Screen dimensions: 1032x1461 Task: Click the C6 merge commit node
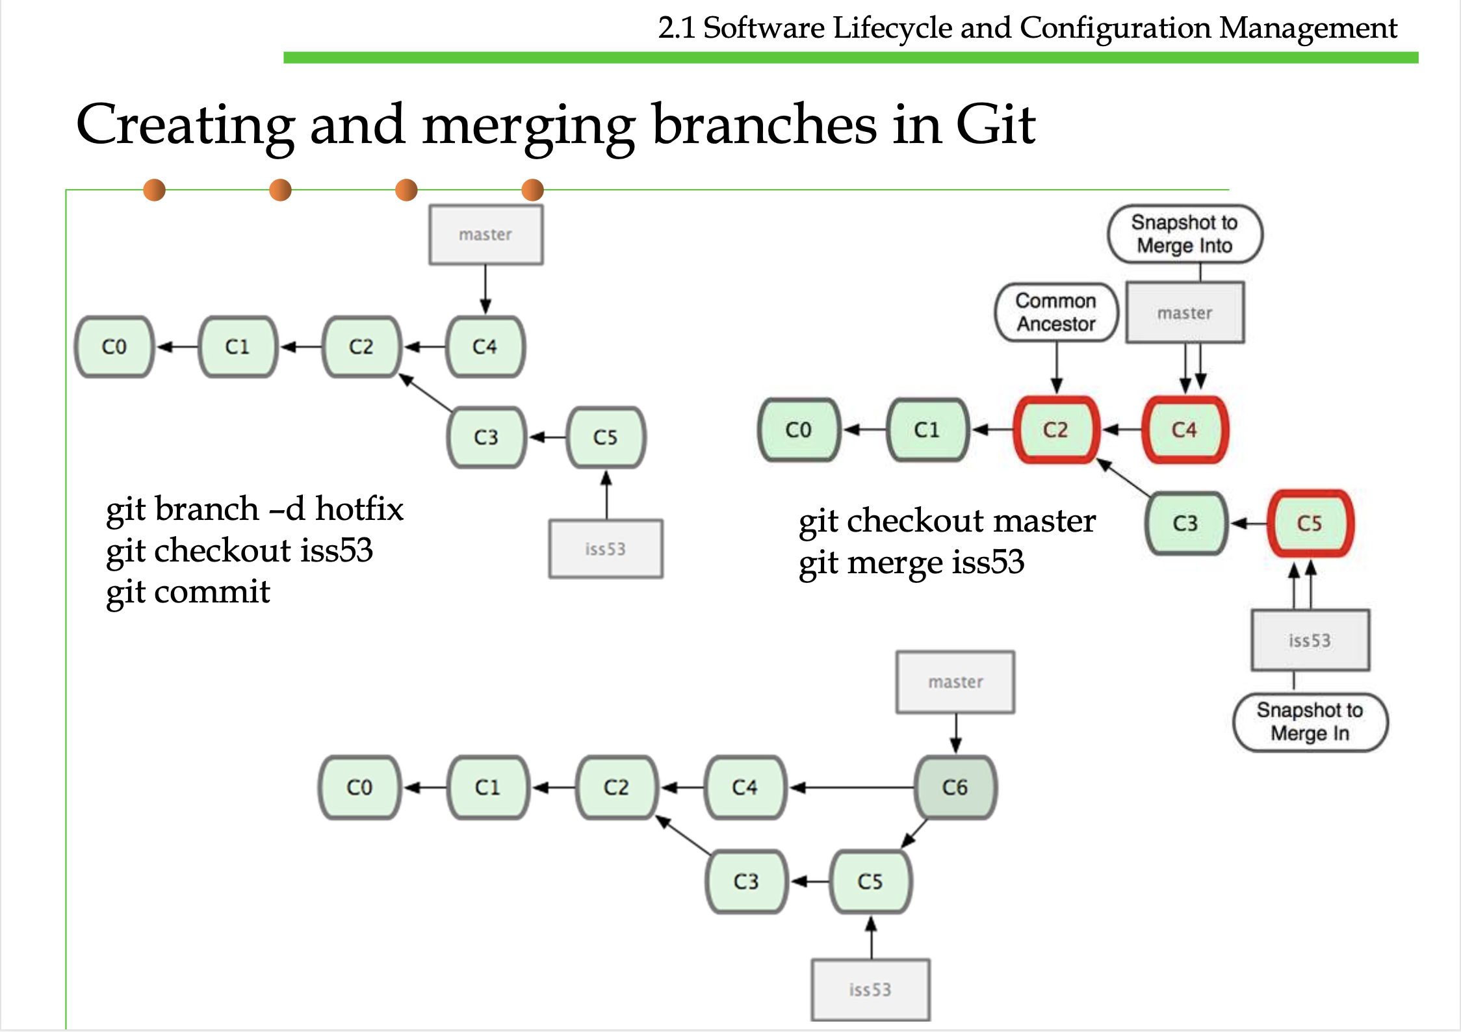coord(955,787)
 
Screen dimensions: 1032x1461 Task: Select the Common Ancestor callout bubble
coord(1056,313)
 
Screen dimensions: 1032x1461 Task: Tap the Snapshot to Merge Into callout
coord(1184,234)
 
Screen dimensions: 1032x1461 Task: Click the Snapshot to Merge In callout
coord(1310,722)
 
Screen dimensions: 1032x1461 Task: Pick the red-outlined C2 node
coord(1056,430)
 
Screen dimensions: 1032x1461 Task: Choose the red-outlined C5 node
coord(1310,523)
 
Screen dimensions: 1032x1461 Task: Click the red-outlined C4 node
coord(1184,430)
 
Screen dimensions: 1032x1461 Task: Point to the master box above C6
coord(955,682)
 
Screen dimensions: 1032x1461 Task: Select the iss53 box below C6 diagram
coord(870,990)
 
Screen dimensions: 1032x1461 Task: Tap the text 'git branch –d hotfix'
coord(255,509)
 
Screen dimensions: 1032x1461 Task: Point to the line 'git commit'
coord(188,592)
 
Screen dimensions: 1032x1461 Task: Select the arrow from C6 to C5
coord(914,834)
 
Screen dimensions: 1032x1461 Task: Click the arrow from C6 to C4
coord(851,788)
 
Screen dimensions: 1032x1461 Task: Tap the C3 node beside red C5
coord(1185,523)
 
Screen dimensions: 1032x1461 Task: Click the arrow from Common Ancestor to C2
coord(1057,367)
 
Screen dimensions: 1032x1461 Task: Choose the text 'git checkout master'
coord(947,521)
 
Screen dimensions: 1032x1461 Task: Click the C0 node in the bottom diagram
coord(359,787)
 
